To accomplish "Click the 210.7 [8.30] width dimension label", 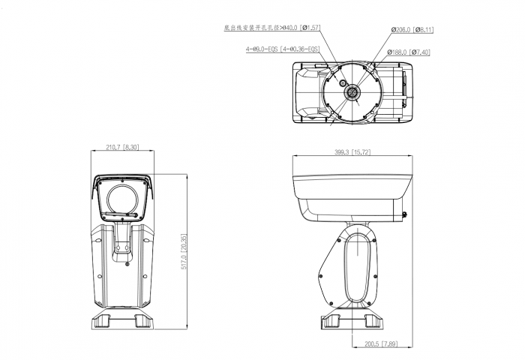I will [122, 146].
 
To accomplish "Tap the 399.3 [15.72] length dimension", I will [352, 152].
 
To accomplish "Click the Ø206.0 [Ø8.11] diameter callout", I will [412, 30].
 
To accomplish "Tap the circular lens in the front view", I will [122, 199].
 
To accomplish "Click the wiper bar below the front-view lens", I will [122, 218].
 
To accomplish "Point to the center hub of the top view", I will [352, 91].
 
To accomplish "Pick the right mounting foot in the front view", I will [141, 320].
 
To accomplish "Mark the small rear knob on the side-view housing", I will [406, 215].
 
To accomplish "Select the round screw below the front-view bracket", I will [129, 262].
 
